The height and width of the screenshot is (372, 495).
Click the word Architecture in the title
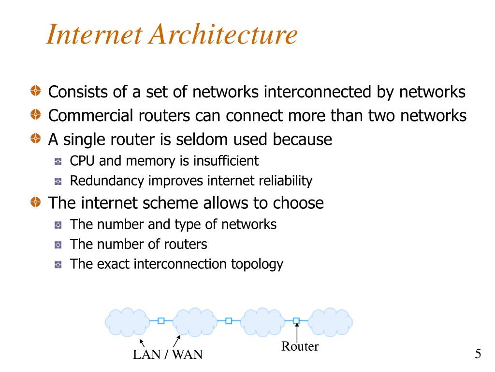click(x=223, y=35)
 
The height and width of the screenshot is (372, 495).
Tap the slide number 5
click(x=478, y=354)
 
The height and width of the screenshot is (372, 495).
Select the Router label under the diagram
click(x=300, y=346)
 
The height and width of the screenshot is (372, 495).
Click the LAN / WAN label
click(x=168, y=355)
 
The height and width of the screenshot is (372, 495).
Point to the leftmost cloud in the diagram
click(x=127, y=321)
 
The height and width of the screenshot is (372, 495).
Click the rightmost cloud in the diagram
click(x=330, y=321)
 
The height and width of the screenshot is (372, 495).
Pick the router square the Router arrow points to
click(x=296, y=321)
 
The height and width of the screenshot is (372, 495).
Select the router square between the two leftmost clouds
click(x=161, y=321)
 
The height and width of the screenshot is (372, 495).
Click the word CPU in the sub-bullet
click(x=81, y=160)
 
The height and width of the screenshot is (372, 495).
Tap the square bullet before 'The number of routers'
click(x=58, y=245)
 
